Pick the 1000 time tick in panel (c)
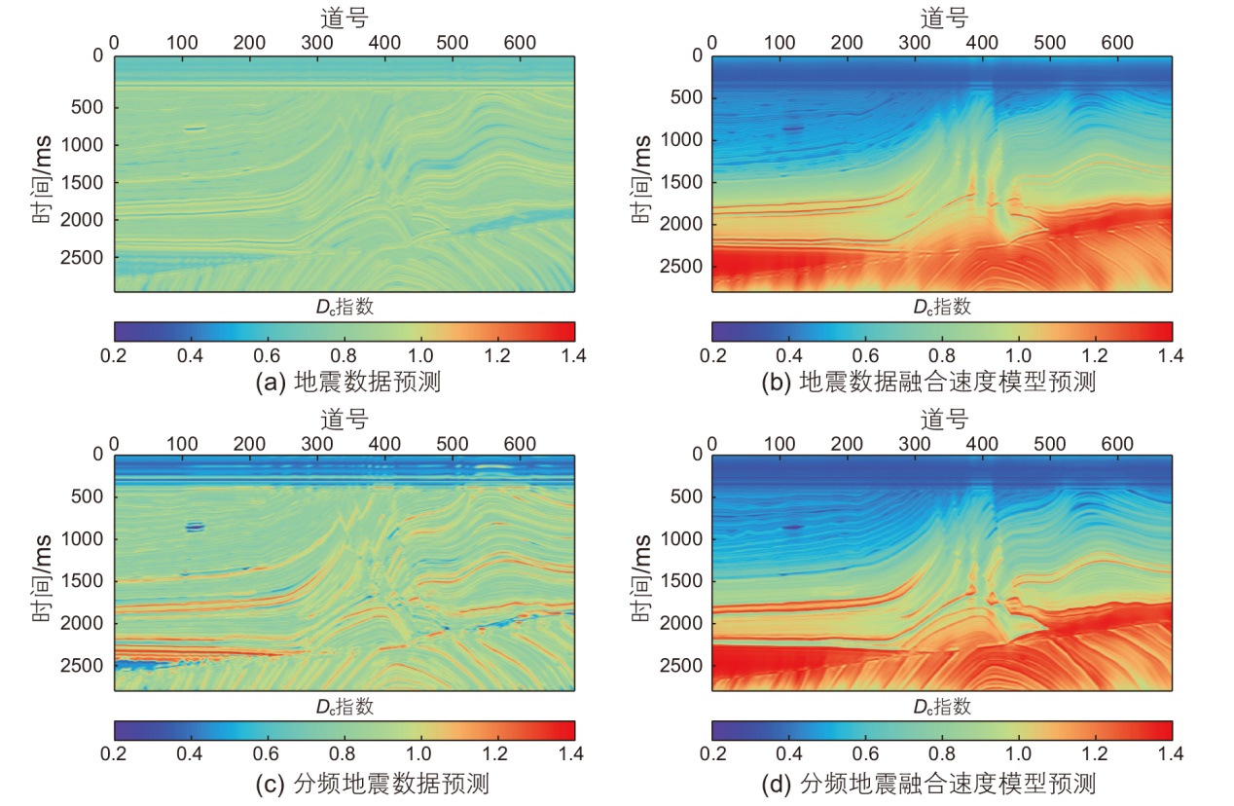pyautogui.click(x=87, y=538)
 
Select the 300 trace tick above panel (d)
pyautogui.click(x=915, y=444)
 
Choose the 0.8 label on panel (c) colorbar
pyautogui.click(x=344, y=754)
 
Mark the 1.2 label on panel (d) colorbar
pyautogui.click(x=1095, y=754)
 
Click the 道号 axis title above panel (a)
pyautogui.click(x=344, y=17)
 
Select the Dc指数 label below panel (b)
pyautogui.click(x=941, y=307)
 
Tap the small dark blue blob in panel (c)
pyautogui.click(x=195, y=527)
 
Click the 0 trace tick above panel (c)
pyautogui.click(x=114, y=444)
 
